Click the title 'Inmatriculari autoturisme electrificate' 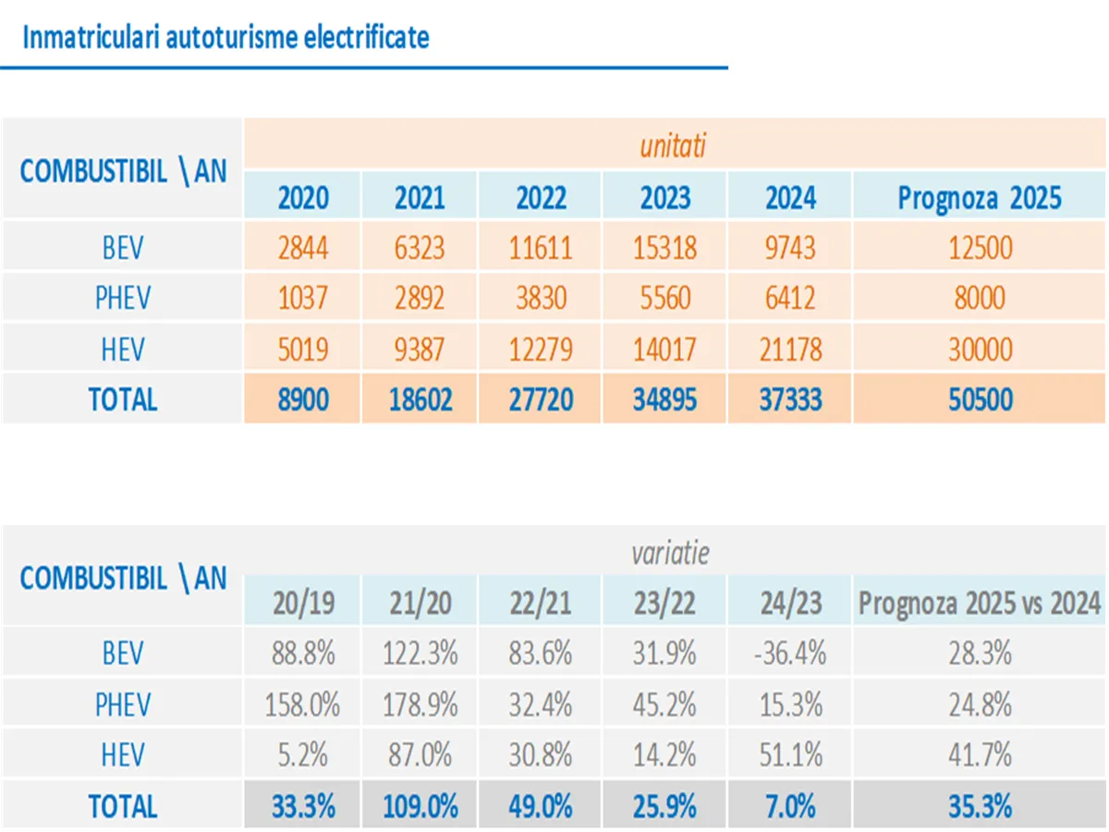point(225,38)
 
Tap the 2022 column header point(542,197)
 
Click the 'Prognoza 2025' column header point(980,197)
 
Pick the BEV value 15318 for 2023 point(665,248)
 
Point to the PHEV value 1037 point(303,298)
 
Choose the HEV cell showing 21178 point(790,349)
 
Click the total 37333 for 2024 point(790,399)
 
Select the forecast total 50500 point(980,399)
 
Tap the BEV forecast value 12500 point(980,248)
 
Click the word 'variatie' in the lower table point(671,553)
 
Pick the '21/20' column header point(420,603)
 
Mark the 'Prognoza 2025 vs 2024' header point(980,603)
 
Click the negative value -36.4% point(790,654)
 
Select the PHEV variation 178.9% point(420,704)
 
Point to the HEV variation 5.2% point(303,755)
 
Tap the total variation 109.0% point(420,806)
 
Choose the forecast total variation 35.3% point(980,806)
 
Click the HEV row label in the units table point(123,349)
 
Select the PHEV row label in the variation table point(123,704)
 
